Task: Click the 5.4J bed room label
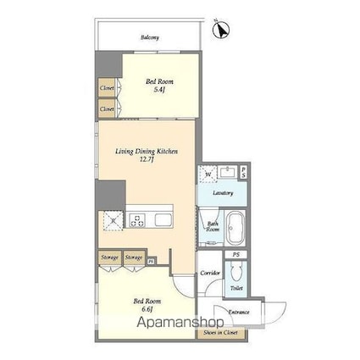click(158, 86)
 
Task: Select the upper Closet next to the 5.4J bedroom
click(107, 87)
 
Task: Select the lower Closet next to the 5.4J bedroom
click(107, 108)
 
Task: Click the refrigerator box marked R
click(114, 222)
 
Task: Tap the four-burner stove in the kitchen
click(137, 222)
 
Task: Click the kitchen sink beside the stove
click(163, 222)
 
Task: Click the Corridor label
click(210, 273)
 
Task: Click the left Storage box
click(109, 258)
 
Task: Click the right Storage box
click(133, 258)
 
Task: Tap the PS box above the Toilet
click(237, 253)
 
